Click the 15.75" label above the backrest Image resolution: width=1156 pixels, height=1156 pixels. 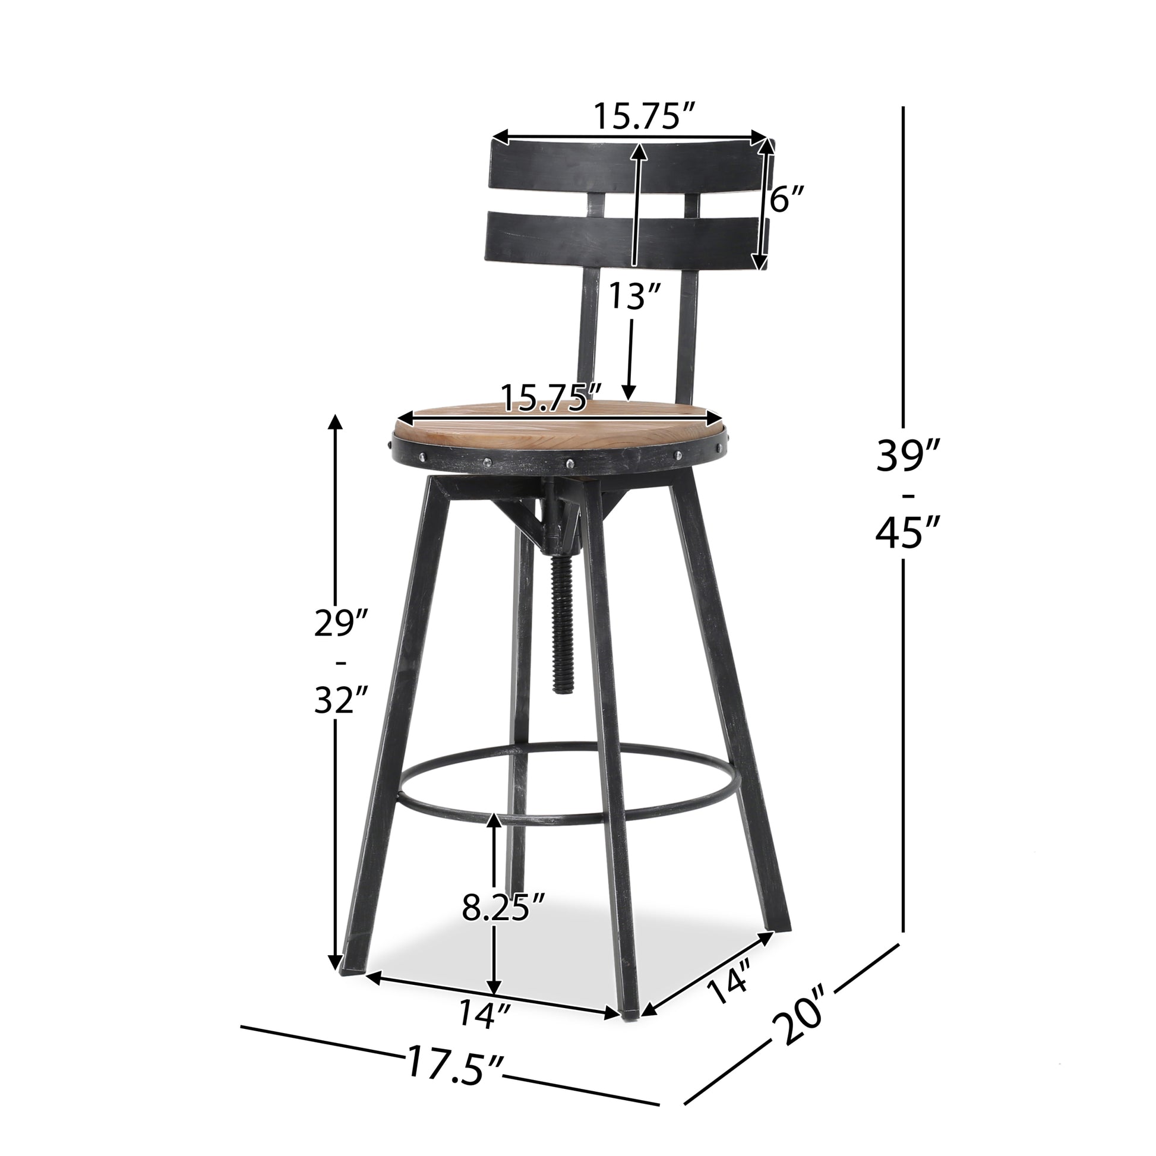coord(645,117)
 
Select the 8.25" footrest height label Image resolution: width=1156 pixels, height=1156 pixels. coord(503,907)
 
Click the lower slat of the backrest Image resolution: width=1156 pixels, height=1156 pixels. coord(623,242)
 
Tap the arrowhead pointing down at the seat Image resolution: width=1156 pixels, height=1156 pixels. coord(628,392)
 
